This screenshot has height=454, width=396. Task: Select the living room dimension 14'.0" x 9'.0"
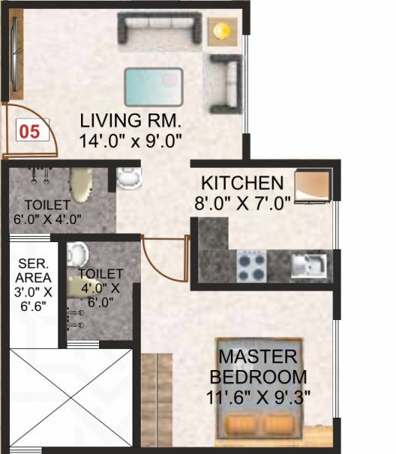tap(131, 139)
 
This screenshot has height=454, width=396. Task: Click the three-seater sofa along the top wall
tap(159, 28)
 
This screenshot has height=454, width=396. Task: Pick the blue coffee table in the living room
tap(154, 86)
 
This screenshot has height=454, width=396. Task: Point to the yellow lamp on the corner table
tap(220, 30)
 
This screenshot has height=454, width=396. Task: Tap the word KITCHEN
tap(242, 184)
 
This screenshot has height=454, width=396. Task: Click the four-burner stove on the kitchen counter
tap(252, 265)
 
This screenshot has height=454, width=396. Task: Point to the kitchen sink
tap(308, 265)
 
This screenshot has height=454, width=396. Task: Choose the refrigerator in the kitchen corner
tap(312, 185)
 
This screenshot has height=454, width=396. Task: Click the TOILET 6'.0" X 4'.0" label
tap(48, 212)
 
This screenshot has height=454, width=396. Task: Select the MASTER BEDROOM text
tap(263, 366)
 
